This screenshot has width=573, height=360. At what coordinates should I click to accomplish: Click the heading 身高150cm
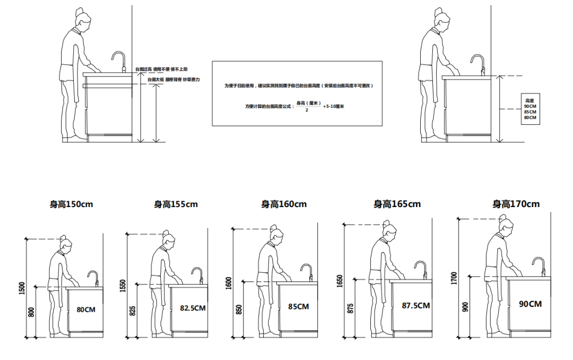pyautogui.click(x=71, y=204)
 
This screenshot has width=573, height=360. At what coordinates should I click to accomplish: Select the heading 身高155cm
pyautogui.click(x=176, y=204)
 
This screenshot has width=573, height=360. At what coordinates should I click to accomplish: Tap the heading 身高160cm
pyautogui.click(x=284, y=204)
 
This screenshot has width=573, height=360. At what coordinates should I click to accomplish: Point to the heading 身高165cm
pyautogui.click(x=397, y=204)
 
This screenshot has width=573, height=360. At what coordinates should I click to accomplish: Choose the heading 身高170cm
pyautogui.click(x=516, y=204)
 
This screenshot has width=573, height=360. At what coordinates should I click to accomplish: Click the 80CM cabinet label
pyautogui.click(x=86, y=309)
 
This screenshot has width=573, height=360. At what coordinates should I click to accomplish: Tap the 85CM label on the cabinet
pyautogui.click(x=298, y=306)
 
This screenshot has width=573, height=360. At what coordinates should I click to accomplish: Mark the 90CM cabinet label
pyautogui.click(x=530, y=304)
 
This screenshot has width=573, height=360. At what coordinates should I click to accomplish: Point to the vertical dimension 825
pyautogui.click(x=132, y=311)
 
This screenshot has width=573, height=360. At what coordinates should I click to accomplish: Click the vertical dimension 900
pyautogui.click(x=465, y=307)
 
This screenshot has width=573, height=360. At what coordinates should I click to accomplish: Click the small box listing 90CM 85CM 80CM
pyautogui.click(x=530, y=109)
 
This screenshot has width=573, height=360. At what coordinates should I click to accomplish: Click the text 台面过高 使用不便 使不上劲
pyautogui.click(x=161, y=69)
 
